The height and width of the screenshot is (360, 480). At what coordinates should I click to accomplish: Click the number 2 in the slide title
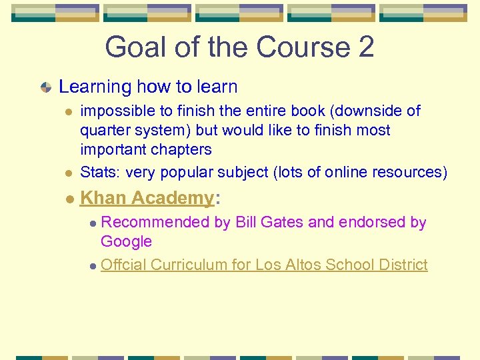click(365, 47)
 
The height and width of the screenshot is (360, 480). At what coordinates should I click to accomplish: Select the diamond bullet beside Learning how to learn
click(45, 87)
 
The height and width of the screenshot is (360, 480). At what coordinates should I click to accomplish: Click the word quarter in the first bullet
click(103, 130)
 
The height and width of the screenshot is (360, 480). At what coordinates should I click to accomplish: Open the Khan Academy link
click(147, 198)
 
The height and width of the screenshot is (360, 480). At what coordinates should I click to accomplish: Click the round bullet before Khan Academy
click(69, 199)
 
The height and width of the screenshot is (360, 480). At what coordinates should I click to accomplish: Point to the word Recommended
click(155, 222)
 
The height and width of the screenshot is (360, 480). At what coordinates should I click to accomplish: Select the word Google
click(126, 241)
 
